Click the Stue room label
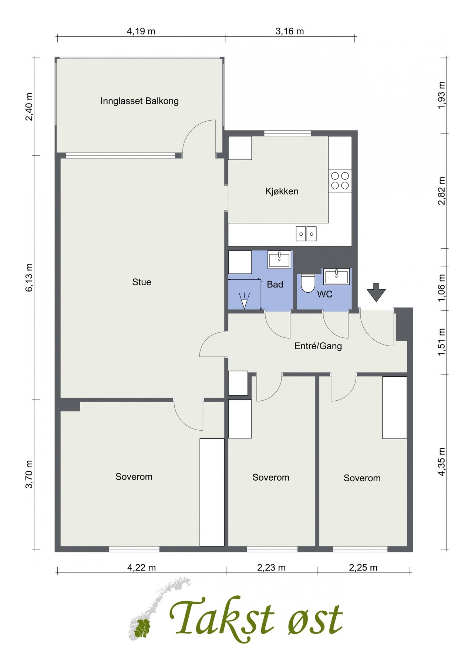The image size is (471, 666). coord(142,282)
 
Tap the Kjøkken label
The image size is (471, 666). coord(282,191)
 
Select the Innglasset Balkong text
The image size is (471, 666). coord(139,101)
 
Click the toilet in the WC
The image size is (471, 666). coord(307,283)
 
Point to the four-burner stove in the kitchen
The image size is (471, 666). coord(340,181)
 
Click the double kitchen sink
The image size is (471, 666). coord(306,233)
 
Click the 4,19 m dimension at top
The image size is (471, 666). coord(141,31)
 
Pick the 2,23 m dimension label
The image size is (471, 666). coord(271,567)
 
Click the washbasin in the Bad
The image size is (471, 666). coord(280,260)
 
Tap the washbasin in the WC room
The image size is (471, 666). coord(336,276)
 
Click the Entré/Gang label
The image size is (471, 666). coord(318,346)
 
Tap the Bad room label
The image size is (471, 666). coord(275,284)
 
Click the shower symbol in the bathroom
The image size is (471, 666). coord(244,300)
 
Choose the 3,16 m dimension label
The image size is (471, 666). coord(290,31)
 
